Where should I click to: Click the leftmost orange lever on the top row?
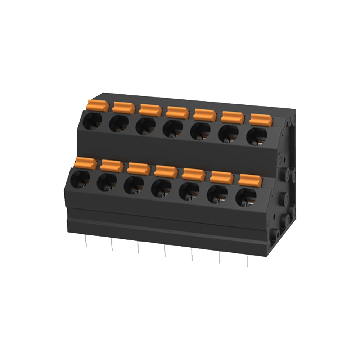point(98,105)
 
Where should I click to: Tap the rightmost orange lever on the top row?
point(261,119)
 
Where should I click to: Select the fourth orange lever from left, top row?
point(177,112)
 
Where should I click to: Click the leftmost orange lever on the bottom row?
point(86,163)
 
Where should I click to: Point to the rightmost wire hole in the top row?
point(257,136)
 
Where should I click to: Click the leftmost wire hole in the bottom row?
point(80,179)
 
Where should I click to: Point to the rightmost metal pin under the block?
point(247,261)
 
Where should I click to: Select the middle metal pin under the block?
point(165,251)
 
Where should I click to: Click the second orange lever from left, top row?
point(123,107)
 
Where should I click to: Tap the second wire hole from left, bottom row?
point(107,182)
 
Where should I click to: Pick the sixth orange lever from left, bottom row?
point(222,176)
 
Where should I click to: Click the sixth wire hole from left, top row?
point(228,133)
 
